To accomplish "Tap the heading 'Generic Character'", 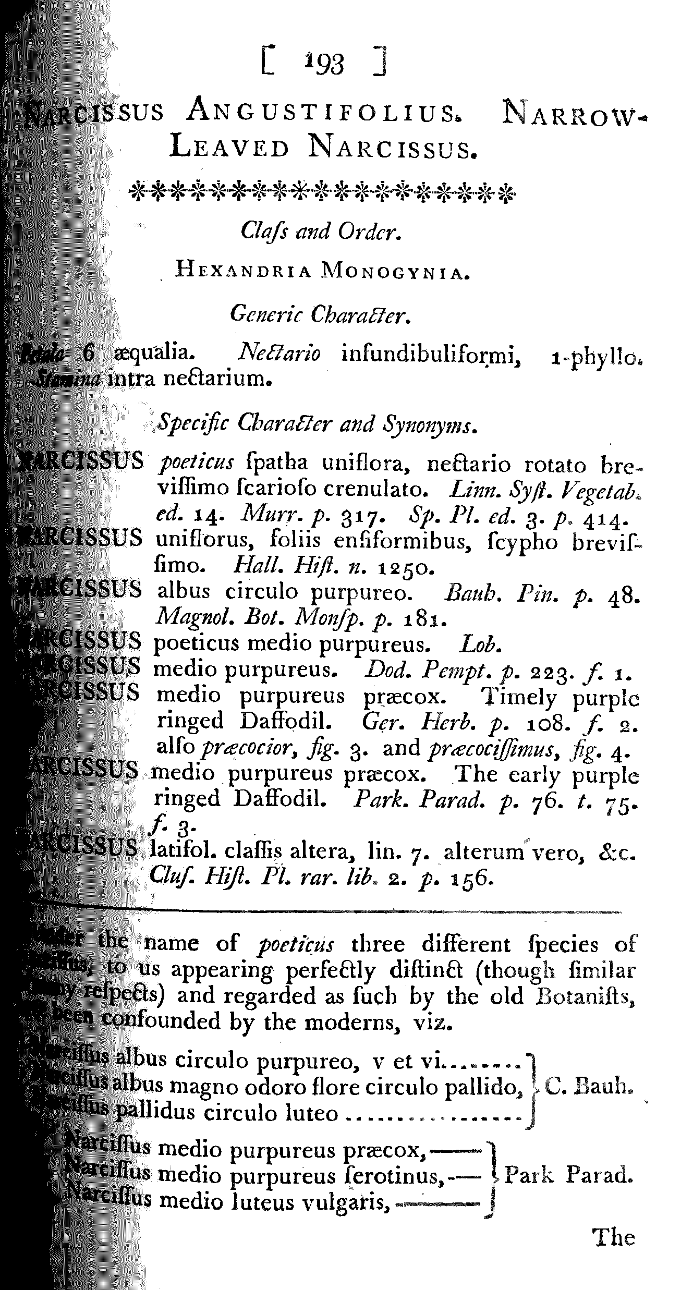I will pos(320,314).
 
